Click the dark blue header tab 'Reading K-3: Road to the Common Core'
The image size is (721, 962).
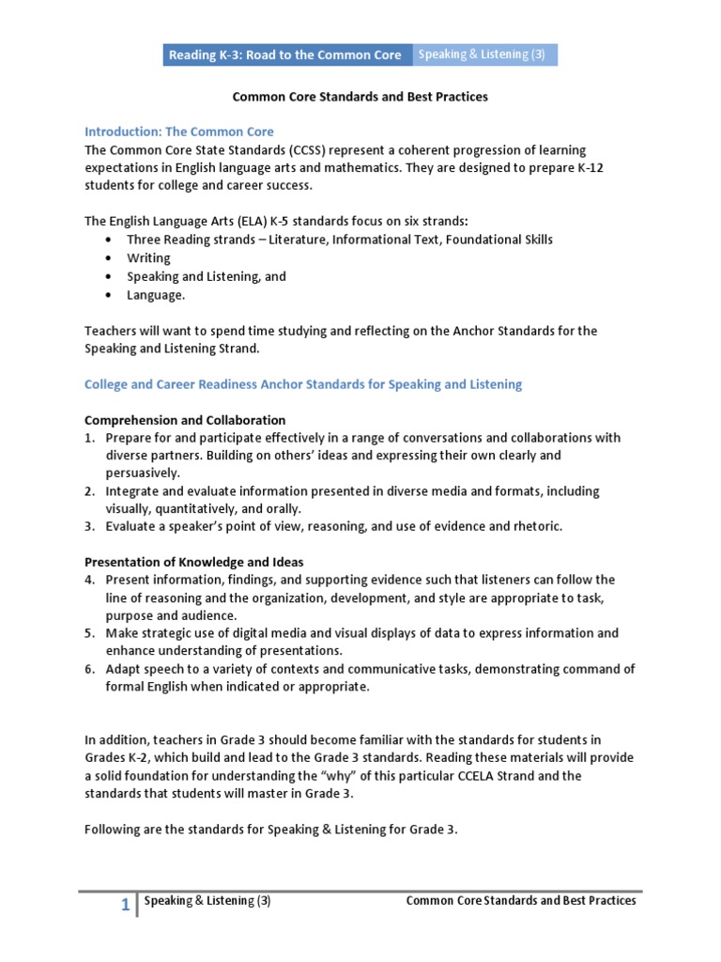click(284, 54)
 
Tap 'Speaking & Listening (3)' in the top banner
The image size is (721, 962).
click(481, 54)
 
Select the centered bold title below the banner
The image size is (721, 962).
click(360, 96)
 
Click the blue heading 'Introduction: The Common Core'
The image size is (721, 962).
click(179, 132)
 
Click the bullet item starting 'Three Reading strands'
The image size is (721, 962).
click(329, 240)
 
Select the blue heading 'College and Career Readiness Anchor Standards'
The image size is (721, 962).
click(303, 384)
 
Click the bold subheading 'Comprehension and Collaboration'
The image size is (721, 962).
click(185, 420)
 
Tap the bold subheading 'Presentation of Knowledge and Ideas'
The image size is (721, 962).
click(195, 562)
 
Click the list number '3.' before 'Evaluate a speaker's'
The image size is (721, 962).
click(90, 526)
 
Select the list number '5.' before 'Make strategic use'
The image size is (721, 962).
click(90, 633)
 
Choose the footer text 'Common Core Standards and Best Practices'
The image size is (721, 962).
click(520, 901)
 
